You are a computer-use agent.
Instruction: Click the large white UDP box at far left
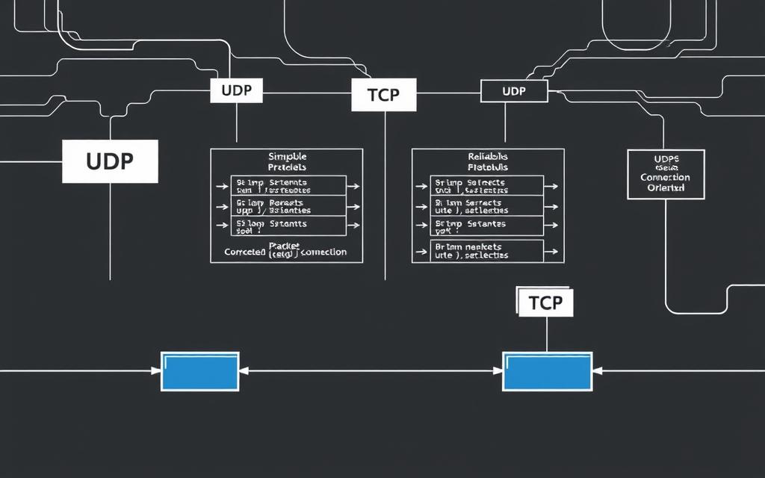click(110, 161)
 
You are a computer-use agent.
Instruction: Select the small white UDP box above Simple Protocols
click(236, 92)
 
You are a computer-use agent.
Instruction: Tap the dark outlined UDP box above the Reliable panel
click(514, 91)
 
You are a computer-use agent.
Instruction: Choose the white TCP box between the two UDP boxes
click(384, 95)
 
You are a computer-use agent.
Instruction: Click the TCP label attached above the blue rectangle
click(545, 303)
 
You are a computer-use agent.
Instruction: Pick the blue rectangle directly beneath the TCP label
click(547, 371)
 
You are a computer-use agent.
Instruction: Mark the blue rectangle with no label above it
click(200, 371)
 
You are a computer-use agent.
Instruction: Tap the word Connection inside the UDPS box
click(665, 178)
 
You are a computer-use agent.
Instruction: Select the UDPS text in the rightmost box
click(665, 159)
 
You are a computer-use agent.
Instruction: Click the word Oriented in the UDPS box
click(665, 188)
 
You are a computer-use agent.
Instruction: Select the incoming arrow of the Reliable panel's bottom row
click(422, 250)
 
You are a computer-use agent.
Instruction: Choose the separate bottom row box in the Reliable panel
click(488, 250)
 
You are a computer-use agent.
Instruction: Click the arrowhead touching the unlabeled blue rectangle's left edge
click(157, 370)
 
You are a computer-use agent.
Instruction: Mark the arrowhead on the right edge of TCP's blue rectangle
click(597, 370)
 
